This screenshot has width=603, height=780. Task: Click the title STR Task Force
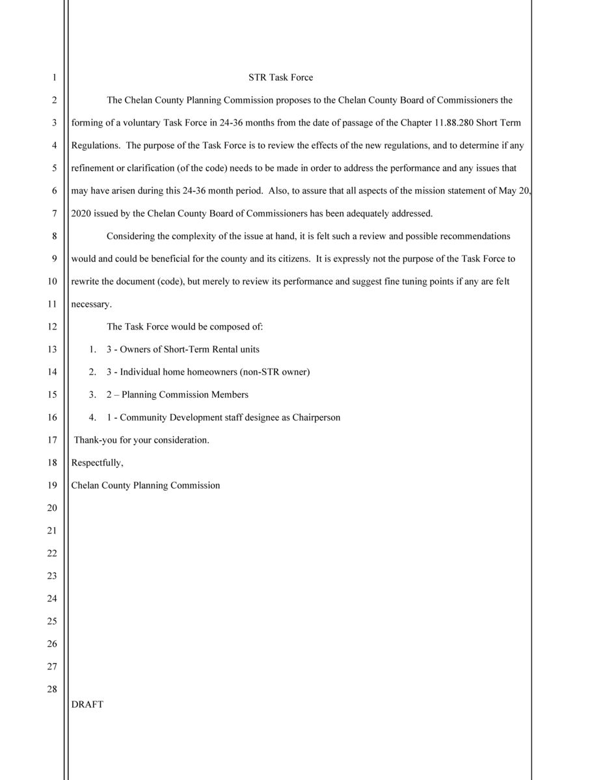point(280,77)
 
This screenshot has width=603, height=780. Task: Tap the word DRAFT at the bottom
point(87,704)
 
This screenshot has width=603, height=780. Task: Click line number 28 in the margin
point(52,689)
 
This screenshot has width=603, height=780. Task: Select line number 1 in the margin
point(55,77)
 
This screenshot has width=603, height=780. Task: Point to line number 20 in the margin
point(52,508)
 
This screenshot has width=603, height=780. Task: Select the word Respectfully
point(97,463)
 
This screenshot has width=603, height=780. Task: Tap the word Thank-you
point(95,440)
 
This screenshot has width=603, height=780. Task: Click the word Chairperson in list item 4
point(316,417)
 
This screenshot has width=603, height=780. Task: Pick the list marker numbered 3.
point(93,395)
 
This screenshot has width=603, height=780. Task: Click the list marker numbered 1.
point(93,349)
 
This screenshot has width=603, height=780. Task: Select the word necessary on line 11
point(91,304)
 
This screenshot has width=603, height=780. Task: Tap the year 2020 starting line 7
point(82,213)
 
